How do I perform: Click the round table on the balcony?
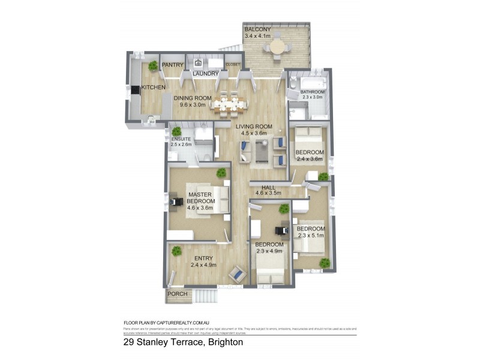pos(277,46)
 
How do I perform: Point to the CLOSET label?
pos(232,65)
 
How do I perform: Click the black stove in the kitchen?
pos(135,90)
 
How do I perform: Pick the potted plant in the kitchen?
pos(154,65)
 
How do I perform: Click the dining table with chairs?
pos(230,105)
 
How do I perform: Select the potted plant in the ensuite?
pos(176,131)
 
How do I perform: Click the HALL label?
pos(260,187)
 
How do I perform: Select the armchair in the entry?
pos(238,274)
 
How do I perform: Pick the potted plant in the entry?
pos(177,251)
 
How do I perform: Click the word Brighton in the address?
pos(225,343)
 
